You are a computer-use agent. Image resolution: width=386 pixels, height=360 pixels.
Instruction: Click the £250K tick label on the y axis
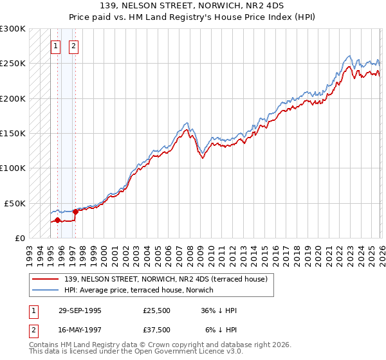[13, 64]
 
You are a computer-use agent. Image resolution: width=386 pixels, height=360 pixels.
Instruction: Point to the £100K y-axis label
[13, 168]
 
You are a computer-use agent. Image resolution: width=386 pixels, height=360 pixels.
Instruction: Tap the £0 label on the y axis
[21, 237]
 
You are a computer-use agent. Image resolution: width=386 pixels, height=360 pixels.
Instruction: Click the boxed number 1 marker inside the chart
[57, 46]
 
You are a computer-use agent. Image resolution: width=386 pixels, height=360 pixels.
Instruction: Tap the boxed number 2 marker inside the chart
[74, 46]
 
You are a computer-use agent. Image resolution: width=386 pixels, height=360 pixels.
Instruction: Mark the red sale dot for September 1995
[57, 220]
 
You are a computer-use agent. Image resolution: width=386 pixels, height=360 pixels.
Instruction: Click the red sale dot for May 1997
[75, 212]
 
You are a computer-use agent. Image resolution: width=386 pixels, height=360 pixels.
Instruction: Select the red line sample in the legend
[45, 278]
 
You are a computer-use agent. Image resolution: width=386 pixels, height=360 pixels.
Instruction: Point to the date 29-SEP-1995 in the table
[80, 310]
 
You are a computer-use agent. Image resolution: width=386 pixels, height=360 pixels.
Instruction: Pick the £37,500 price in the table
[157, 329]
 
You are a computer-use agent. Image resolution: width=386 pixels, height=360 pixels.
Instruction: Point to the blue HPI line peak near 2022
[348, 56]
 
